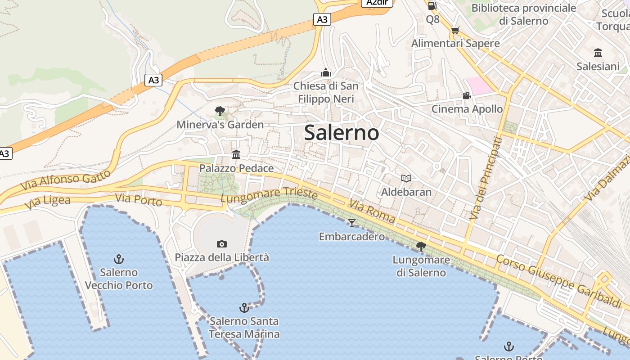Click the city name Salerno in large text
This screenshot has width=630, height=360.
pyautogui.click(x=341, y=133)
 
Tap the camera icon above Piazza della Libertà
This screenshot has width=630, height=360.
pyautogui.click(x=222, y=244)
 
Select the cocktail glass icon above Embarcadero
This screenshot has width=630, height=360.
pyautogui.click(x=352, y=223)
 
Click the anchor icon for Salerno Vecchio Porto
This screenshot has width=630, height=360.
pyautogui.click(x=119, y=259)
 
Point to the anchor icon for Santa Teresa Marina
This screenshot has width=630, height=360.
pyautogui.click(x=244, y=308)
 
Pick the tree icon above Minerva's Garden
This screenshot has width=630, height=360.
pyautogui.click(x=220, y=111)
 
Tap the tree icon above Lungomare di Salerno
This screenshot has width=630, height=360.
pyautogui.click(x=421, y=246)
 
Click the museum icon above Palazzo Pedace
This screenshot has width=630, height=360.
pyautogui.click(x=236, y=155)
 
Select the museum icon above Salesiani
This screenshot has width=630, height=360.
pyautogui.click(x=598, y=53)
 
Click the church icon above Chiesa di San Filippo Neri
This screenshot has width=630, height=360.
pyautogui.click(x=326, y=72)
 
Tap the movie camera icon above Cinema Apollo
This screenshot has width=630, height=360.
pyautogui.click(x=467, y=95)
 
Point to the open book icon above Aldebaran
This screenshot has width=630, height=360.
pyautogui.click(x=406, y=178)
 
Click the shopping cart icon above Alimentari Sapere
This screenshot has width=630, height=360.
pyautogui.click(x=455, y=30)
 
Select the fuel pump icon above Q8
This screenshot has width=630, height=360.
pyautogui.click(x=432, y=6)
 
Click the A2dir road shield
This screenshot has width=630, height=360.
pyautogui.click(x=377, y=3)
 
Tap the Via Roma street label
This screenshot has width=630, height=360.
pyautogui.click(x=372, y=212)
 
